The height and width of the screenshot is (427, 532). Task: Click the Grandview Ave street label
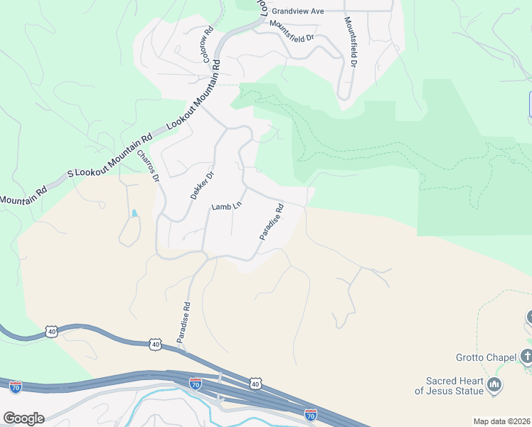tap(297, 11)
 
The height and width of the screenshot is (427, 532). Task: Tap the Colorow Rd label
tap(208, 44)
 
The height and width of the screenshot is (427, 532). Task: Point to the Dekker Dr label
tap(202, 186)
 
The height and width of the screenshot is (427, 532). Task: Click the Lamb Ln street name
tap(227, 206)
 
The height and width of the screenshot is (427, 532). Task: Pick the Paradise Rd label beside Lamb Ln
tap(272, 222)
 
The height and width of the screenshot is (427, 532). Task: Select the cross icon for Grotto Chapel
tap(526, 355)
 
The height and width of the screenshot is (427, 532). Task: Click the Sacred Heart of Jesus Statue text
tap(449, 386)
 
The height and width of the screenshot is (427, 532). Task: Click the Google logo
tap(23, 418)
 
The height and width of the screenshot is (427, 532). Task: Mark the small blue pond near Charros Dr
tap(134, 213)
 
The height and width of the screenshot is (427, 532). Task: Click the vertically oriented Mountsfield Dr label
tap(351, 42)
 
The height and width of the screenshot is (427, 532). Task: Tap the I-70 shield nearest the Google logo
tap(16, 387)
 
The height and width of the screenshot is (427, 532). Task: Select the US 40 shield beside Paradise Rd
tap(156, 344)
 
